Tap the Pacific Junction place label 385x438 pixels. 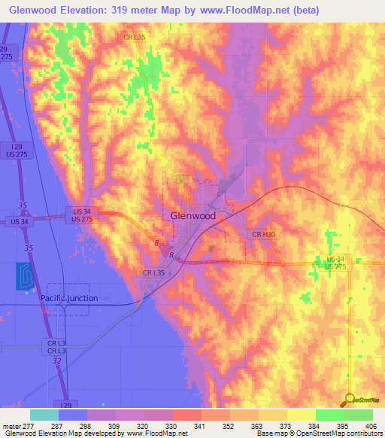point(68,298)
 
